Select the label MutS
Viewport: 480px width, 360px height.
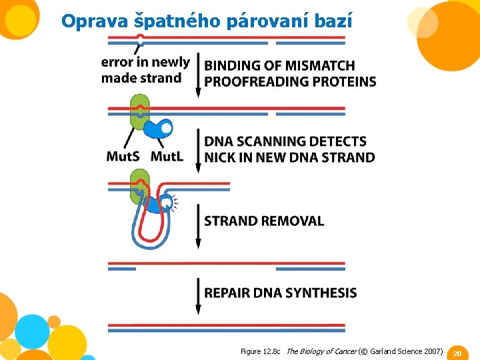124,157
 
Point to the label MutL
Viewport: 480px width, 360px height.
168,157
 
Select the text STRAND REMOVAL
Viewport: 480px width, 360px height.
264,221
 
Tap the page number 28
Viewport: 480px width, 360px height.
458,353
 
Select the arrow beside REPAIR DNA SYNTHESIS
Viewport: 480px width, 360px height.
198,295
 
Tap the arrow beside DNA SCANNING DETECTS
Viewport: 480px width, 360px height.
198,151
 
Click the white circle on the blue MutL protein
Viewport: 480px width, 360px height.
166,127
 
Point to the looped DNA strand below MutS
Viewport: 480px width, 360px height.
149,227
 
